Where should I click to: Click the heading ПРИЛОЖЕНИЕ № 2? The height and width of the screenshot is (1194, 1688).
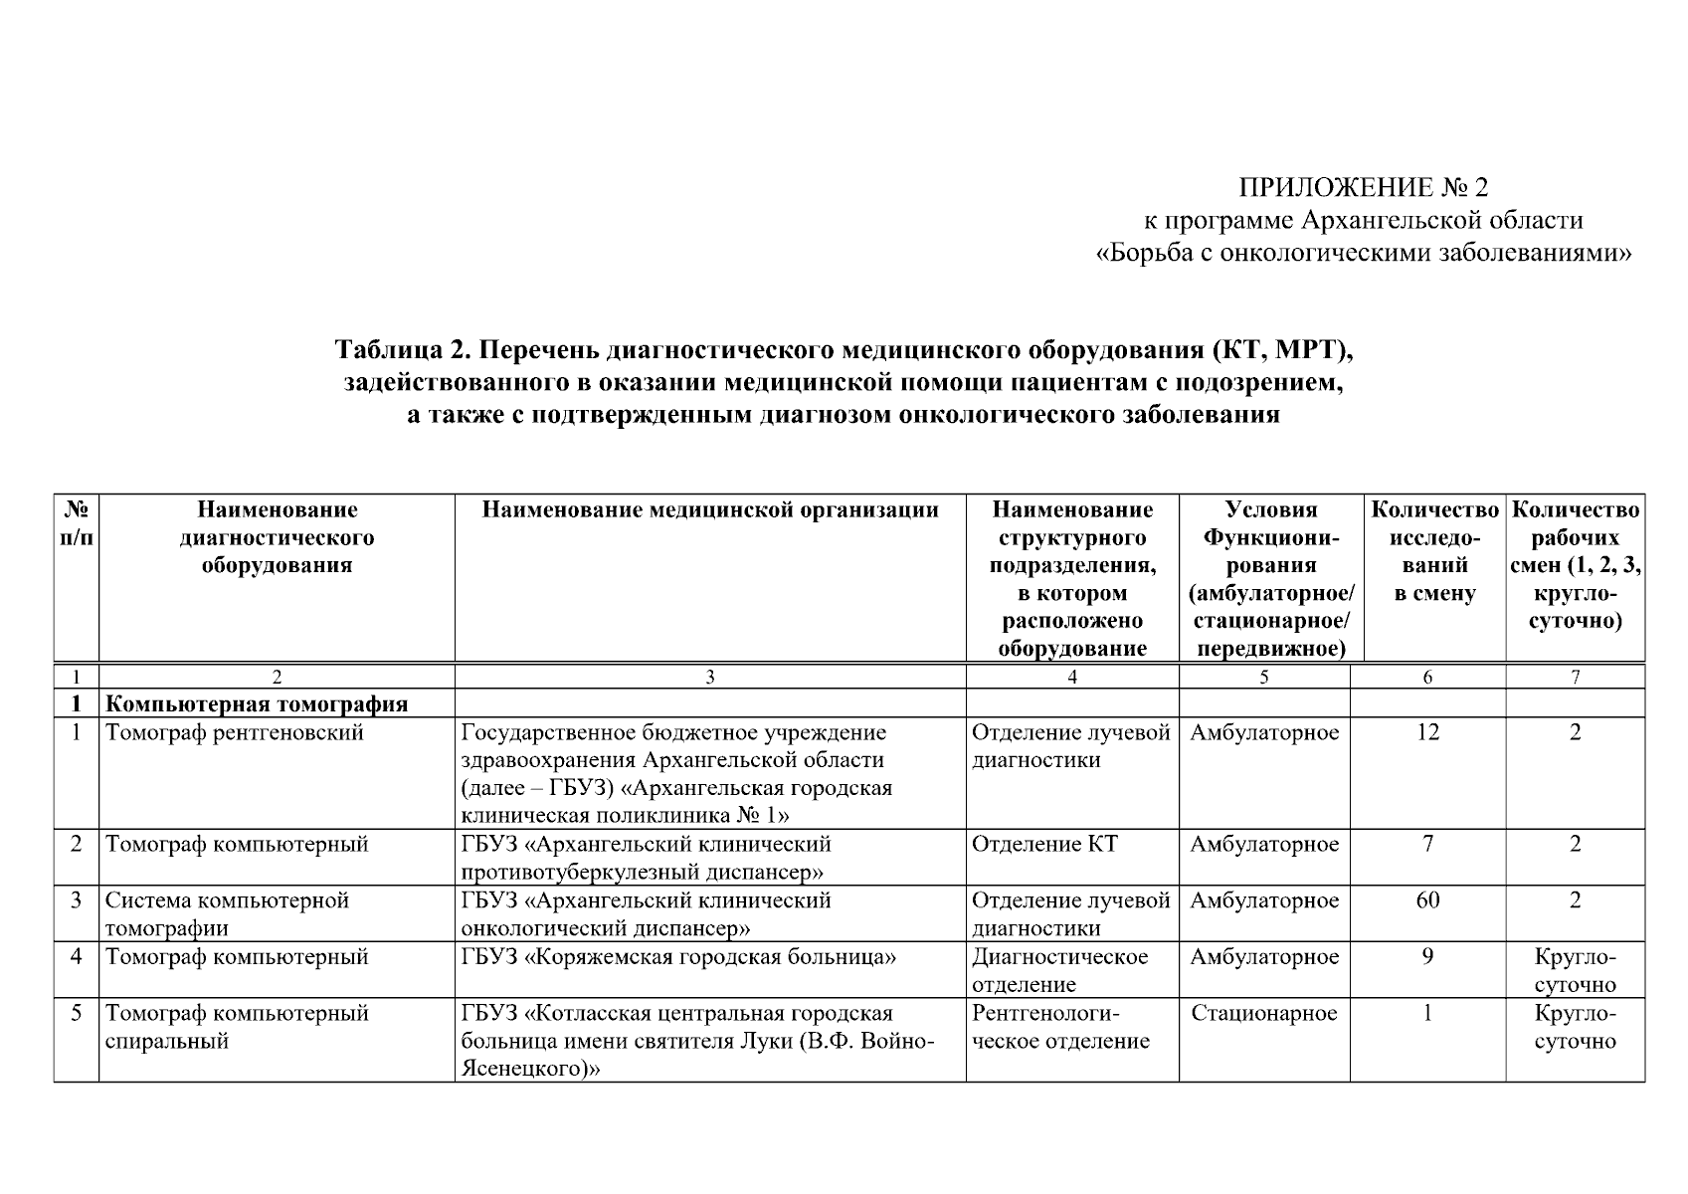(x=1363, y=187)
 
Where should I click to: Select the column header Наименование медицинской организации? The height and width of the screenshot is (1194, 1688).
(x=710, y=510)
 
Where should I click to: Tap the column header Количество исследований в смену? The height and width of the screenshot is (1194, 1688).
(x=1433, y=552)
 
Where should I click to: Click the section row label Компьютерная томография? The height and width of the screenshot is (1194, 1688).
(x=257, y=704)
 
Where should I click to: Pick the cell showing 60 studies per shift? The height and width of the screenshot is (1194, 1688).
(x=1427, y=901)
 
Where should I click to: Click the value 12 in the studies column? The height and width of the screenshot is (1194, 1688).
(x=1427, y=733)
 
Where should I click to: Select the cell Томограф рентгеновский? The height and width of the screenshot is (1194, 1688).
(x=235, y=733)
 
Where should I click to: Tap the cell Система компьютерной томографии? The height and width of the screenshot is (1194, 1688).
(x=228, y=914)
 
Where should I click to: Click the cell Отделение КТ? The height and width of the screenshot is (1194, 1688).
(x=1044, y=845)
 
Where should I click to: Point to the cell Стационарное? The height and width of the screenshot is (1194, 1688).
(x=1263, y=1014)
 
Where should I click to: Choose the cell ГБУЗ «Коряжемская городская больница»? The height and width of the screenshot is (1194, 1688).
(x=679, y=957)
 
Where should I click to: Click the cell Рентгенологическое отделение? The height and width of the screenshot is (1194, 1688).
(x=1060, y=1027)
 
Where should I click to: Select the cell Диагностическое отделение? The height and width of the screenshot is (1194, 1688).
(x=1059, y=970)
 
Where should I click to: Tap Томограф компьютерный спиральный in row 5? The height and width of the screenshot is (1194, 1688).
(x=237, y=1027)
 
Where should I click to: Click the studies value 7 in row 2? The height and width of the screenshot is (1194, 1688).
(x=1427, y=845)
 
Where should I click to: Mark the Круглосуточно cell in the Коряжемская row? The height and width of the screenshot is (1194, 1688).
(x=1575, y=970)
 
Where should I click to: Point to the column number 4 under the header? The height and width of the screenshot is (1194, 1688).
(x=1071, y=678)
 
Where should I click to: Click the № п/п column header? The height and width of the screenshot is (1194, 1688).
(x=76, y=523)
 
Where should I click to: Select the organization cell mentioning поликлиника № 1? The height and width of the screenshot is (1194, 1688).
(x=676, y=774)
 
